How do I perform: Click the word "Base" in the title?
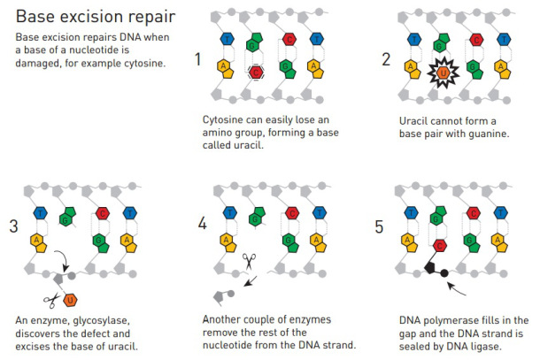[35, 16]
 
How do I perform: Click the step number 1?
[197, 59]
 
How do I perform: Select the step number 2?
[386, 59]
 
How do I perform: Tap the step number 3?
[13, 226]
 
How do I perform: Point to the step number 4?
[202, 223]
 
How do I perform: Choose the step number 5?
[379, 226]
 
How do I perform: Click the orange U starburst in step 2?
[444, 73]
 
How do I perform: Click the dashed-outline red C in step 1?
[256, 73]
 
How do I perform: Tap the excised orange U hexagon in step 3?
[70, 300]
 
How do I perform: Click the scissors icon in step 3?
[51, 301]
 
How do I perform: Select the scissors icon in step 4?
[249, 261]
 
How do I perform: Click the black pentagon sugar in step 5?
[430, 267]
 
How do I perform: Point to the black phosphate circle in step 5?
[444, 273]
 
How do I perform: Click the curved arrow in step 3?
[64, 260]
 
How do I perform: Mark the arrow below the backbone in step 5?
[456, 288]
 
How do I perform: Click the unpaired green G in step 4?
[257, 216]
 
